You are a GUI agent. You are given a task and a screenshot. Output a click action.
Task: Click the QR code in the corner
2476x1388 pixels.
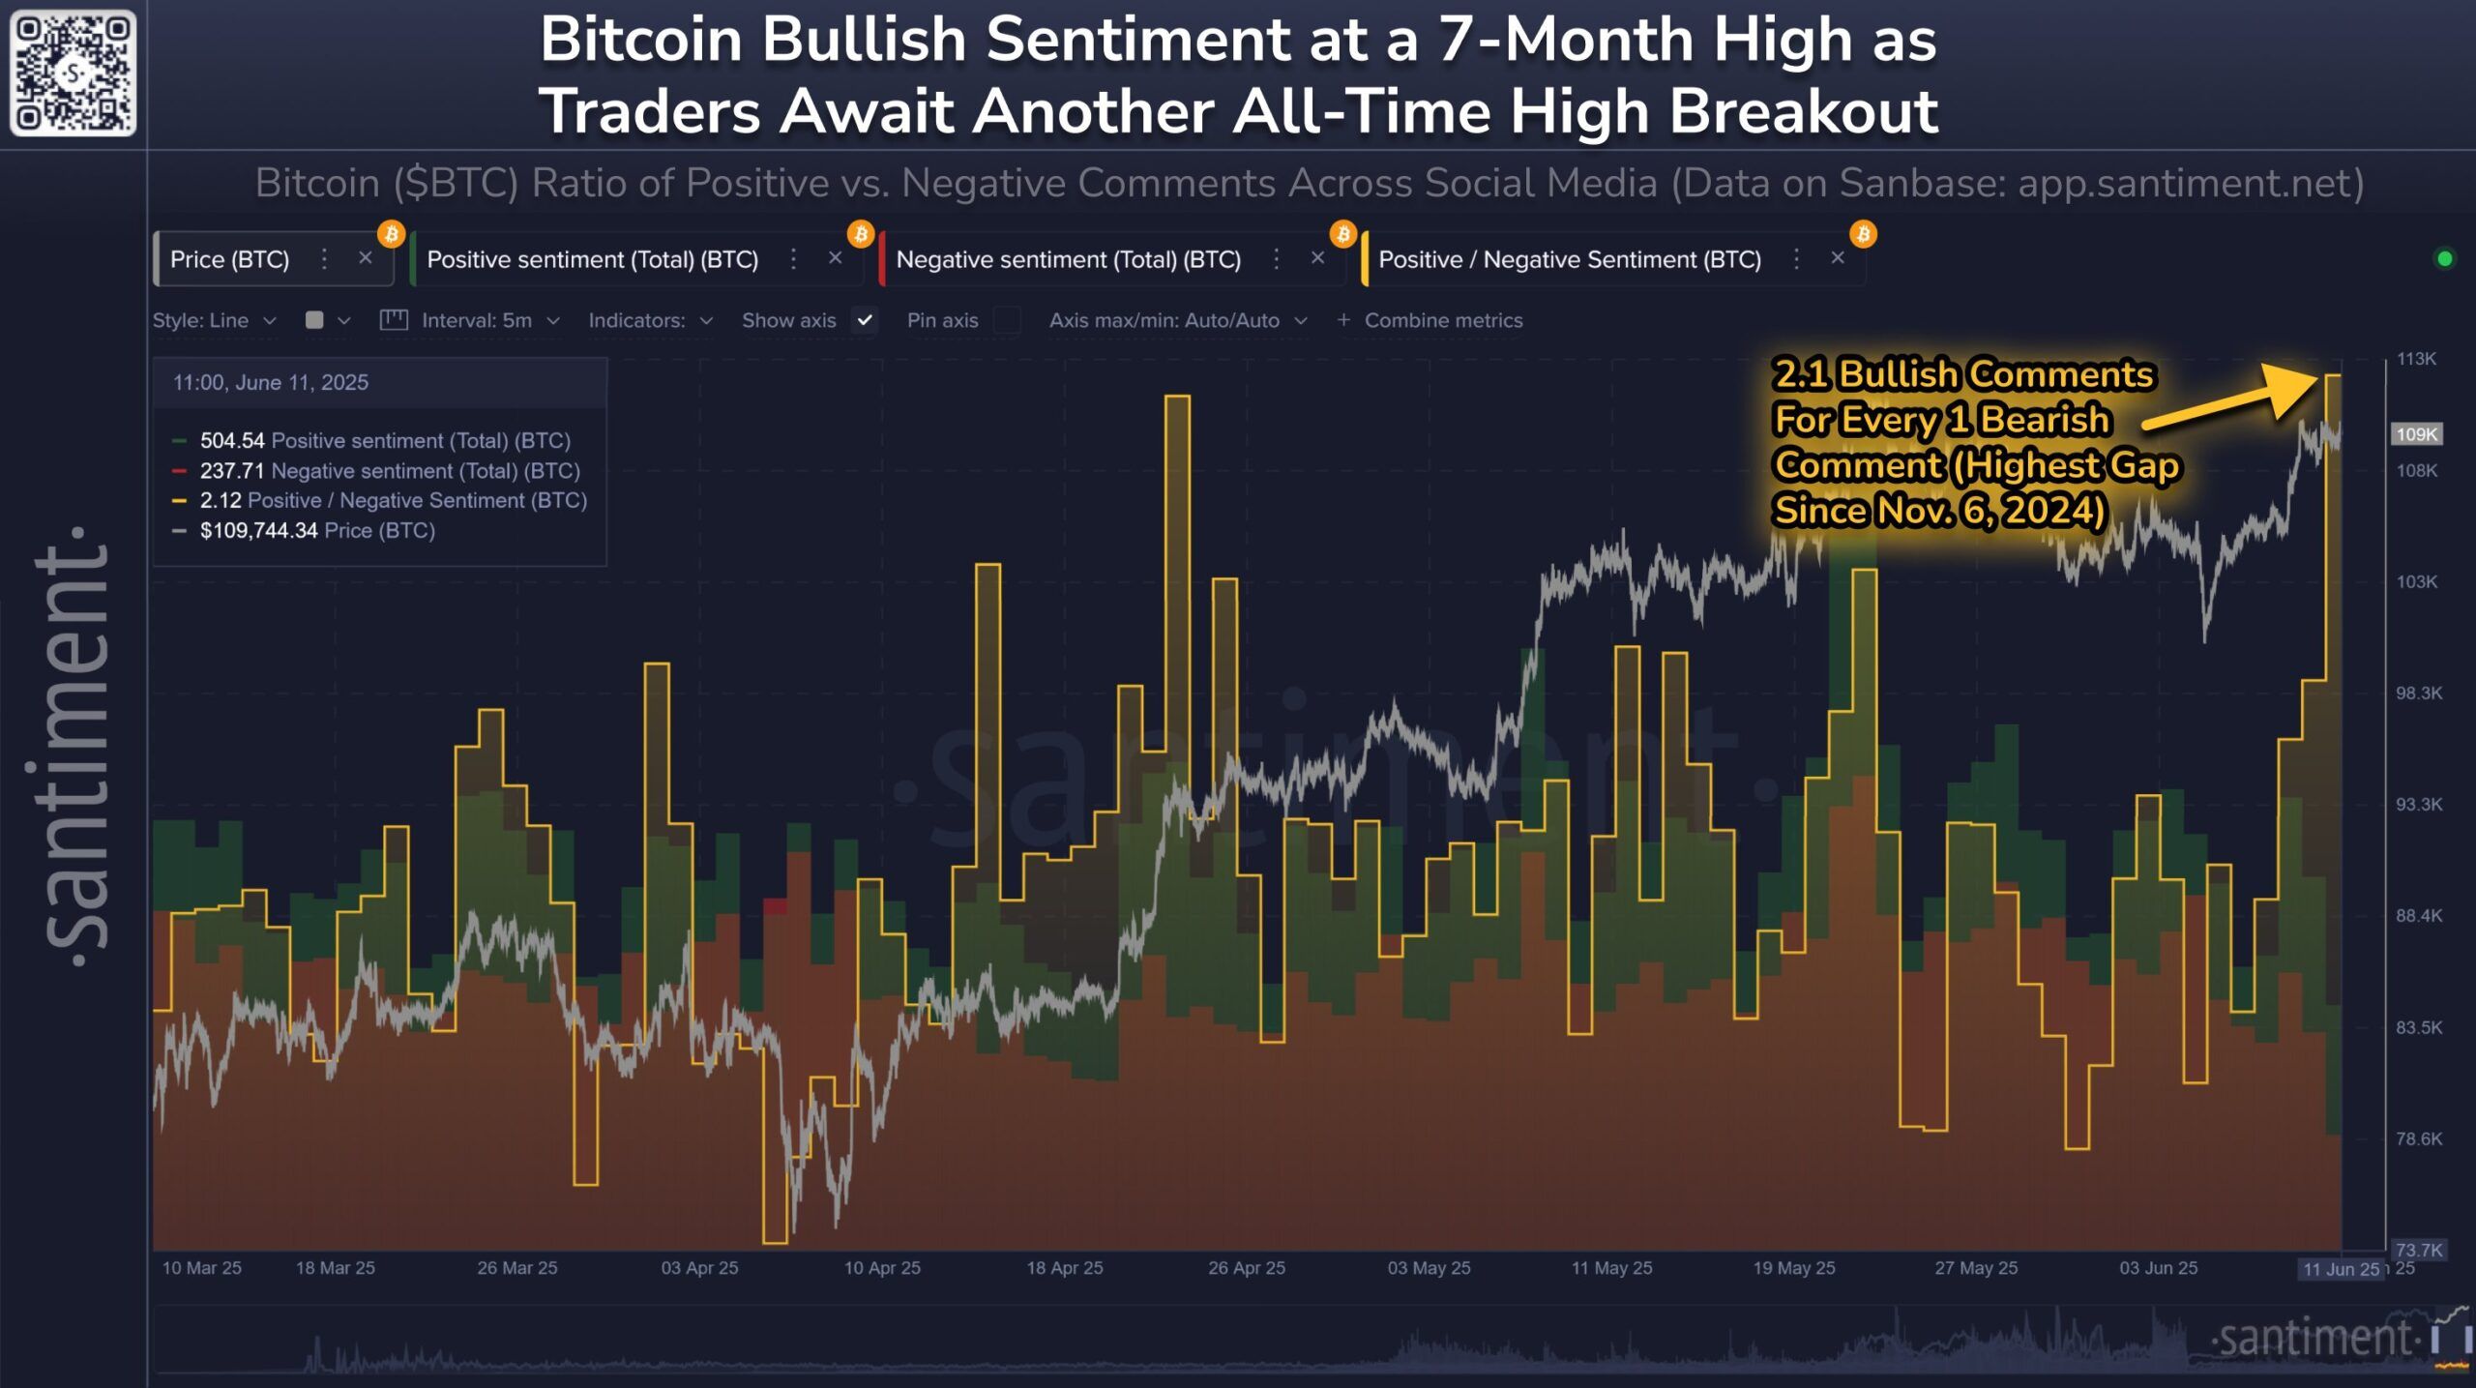pyautogui.click(x=74, y=74)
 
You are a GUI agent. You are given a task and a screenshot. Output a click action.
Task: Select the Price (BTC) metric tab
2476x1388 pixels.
pyautogui.click(x=230, y=259)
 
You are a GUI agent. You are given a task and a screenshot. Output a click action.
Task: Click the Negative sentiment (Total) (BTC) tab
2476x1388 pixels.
pyautogui.click(x=1068, y=259)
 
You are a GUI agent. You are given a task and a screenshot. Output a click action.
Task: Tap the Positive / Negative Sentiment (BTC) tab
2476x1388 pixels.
pyautogui.click(x=1569, y=259)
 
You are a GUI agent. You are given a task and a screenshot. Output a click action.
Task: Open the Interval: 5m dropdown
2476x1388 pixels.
pyautogui.click(x=477, y=320)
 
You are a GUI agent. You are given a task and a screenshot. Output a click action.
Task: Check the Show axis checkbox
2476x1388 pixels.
pyautogui.click(x=865, y=320)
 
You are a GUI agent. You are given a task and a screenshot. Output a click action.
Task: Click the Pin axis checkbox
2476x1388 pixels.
pyautogui.click(x=1007, y=320)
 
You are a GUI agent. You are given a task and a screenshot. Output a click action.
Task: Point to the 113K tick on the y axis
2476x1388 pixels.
pyautogui.click(x=2416, y=359)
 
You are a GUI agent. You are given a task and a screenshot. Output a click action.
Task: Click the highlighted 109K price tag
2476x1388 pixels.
pyautogui.click(x=2416, y=434)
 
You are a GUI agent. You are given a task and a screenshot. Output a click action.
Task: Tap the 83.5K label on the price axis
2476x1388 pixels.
pyautogui.click(x=2418, y=1027)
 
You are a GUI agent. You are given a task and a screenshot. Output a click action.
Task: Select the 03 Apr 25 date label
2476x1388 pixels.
pyautogui.click(x=699, y=1268)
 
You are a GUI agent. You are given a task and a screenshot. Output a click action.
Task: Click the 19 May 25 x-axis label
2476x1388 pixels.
pyautogui.click(x=1793, y=1268)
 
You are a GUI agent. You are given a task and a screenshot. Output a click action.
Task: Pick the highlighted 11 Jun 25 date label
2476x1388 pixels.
pyautogui.click(x=2341, y=1269)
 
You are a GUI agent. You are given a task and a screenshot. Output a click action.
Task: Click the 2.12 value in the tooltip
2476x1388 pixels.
pyautogui.click(x=221, y=500)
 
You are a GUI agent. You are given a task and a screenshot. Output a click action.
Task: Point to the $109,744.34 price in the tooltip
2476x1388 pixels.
pyautogui.click(x=258, y=530)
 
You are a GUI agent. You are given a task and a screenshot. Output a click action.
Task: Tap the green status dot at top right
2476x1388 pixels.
pyautogui.click(x=2445, y=259)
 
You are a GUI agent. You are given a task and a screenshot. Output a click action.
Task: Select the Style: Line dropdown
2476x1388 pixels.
pyautogui.click(x=214, y=320)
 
